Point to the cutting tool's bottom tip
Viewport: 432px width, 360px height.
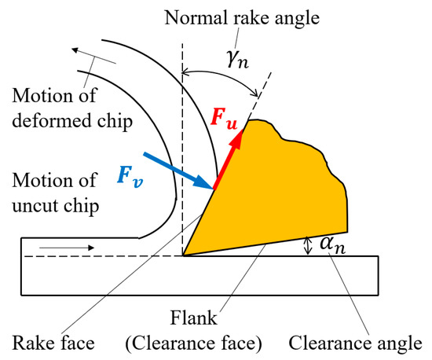pyautogui.click(x=184, y=255)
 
